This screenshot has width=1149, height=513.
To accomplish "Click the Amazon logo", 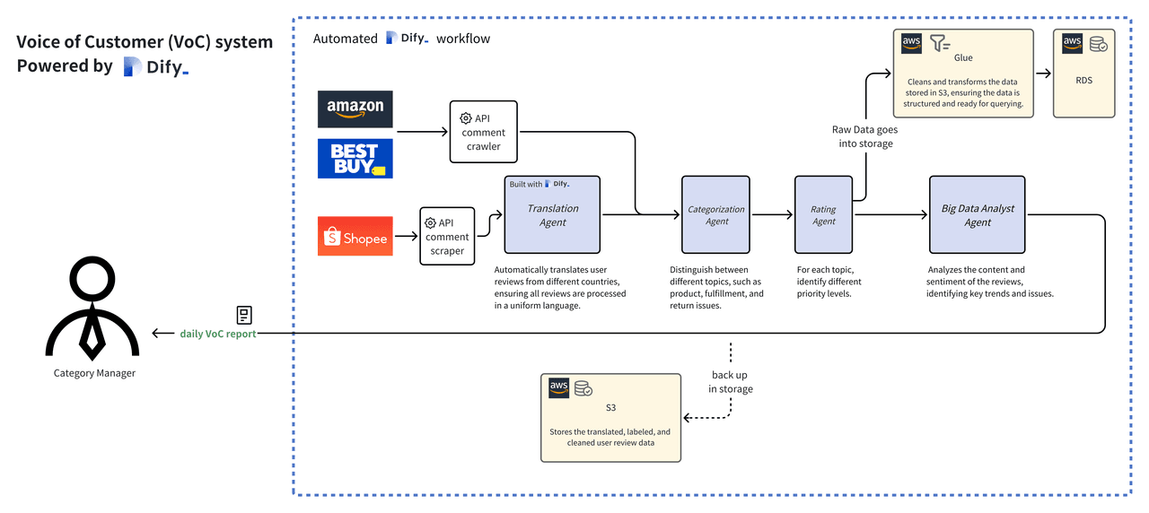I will (355, 109).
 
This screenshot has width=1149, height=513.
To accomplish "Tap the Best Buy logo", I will (355, 158).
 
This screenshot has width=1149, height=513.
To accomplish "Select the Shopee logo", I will (355, 236).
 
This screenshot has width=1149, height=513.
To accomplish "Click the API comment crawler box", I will (484, 132).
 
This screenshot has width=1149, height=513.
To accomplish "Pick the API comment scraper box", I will (447, 236).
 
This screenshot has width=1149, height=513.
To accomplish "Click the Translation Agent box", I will (552, 214).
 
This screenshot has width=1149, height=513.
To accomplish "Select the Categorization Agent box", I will (715, 214).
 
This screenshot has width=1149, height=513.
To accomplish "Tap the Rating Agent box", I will (822, 214).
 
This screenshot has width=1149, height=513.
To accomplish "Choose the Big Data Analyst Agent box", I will (977, 214).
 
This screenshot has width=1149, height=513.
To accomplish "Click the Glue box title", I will (963, 57).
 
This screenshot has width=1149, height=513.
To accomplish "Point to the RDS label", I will (1083, 80).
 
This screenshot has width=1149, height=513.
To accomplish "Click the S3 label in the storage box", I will (610, 407).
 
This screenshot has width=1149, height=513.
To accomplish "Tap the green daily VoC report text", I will (218, 334).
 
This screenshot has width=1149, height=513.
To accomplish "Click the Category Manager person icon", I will (92, 306).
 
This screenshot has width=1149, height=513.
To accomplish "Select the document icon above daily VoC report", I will (243, 315).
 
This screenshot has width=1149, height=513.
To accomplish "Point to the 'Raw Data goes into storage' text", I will (862, 136).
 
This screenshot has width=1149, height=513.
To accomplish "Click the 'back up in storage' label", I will (730, 381).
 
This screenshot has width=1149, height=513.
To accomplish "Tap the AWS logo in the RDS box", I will (1072, 43).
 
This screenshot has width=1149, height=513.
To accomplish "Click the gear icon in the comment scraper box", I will (430, 222).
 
